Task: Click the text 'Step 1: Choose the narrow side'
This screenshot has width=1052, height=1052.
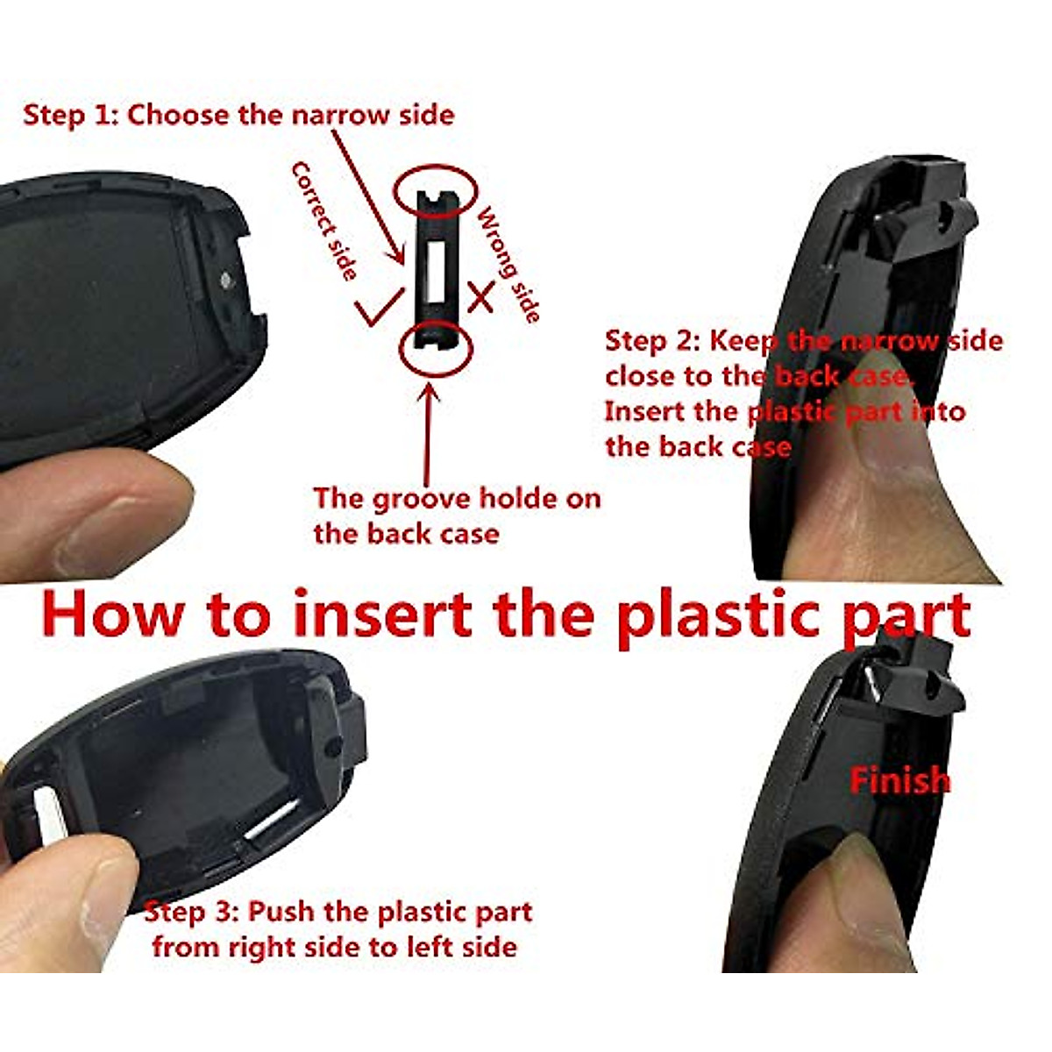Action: [x=238, y=115]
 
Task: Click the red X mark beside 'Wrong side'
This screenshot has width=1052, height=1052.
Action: [x=480, y=296]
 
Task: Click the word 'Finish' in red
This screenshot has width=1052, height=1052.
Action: [x=899, y=779]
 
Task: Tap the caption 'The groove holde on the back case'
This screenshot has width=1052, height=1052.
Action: [x=457, y=515]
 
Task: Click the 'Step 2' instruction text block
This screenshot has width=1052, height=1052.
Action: [x=802, y=394]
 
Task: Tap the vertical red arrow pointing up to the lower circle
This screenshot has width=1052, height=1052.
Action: [x=430, y=430]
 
